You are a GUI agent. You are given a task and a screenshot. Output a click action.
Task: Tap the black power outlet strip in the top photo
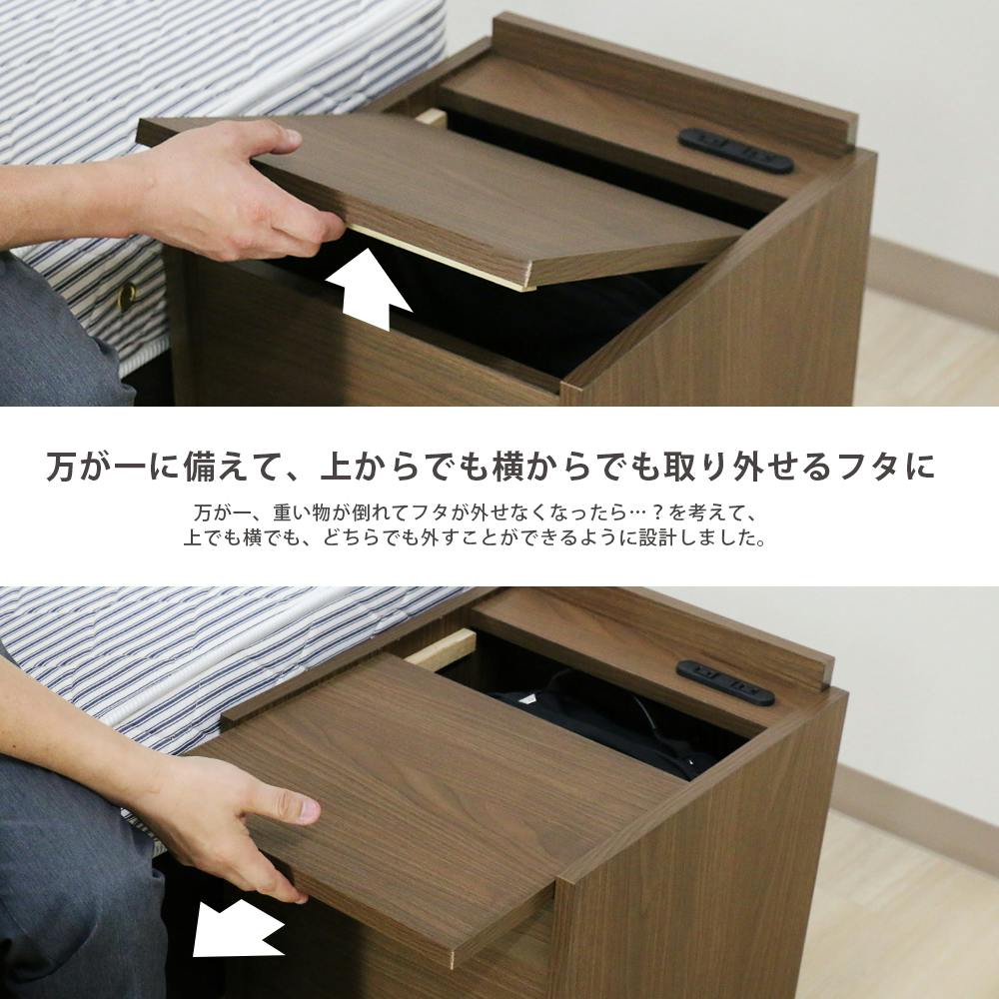click(x=736, y=151)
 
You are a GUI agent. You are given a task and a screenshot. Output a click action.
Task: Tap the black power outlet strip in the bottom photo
click(x=725, y=683)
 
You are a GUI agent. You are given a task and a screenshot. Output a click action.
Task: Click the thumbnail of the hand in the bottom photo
click(x=309, y=810)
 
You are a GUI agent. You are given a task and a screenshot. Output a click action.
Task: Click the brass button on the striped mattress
click(x=128, y=297)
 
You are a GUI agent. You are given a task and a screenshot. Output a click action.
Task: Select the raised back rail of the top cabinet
click(x=674, y=84)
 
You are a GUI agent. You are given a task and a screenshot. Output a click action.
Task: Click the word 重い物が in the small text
click(x=311, y=512)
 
